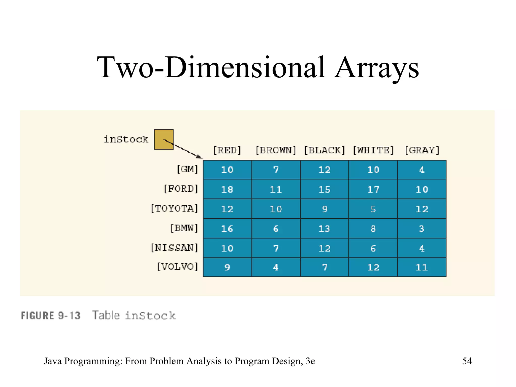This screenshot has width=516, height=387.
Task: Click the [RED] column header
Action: pyautogui.click(x=227, y=150)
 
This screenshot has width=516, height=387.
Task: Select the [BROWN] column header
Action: pyautogui.click(x=276, y=150)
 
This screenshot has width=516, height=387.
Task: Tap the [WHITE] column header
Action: pyautogui.click(x=373, y=150)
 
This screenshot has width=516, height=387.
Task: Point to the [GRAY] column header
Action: pyautogui.click(x=422, y=150)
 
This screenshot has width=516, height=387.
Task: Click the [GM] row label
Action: pyautogui.click(x=187, y=169)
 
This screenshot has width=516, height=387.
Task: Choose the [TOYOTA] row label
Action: pyautogui.click(x=174, y=209)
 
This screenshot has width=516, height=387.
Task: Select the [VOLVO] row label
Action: pyautogui.click(x=177, y=267)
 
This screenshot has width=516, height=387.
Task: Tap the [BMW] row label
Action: pyautogui.click(x=184, y=228)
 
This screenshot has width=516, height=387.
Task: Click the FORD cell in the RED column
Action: pyautogui.click(x=227, y=189)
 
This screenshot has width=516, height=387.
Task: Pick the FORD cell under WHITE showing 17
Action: pyautogui.click(x=373, y=189)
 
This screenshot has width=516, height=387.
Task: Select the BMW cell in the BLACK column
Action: pyautogui.click(x=325, y=229)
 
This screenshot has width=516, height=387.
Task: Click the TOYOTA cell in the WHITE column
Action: pyautogui.click(x=373, y=209)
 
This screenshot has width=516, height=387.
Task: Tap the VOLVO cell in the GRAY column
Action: pyautogui.click(x=422, y=267)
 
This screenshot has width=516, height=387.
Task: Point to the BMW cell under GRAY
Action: pyautogui.click(x=422, y=229)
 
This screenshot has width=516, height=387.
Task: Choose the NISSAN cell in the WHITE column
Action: pyautogui.click(x=373, y=248)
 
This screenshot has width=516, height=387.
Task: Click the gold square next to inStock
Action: pyautogui.click(x=164, y=139)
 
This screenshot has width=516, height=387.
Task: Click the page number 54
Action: pyautogui.click(x=467, y=361)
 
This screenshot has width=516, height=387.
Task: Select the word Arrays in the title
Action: pyautogui.click(x=377, y=68)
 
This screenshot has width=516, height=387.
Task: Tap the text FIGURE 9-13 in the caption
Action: pyautogui.click(x=51, y=316)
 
